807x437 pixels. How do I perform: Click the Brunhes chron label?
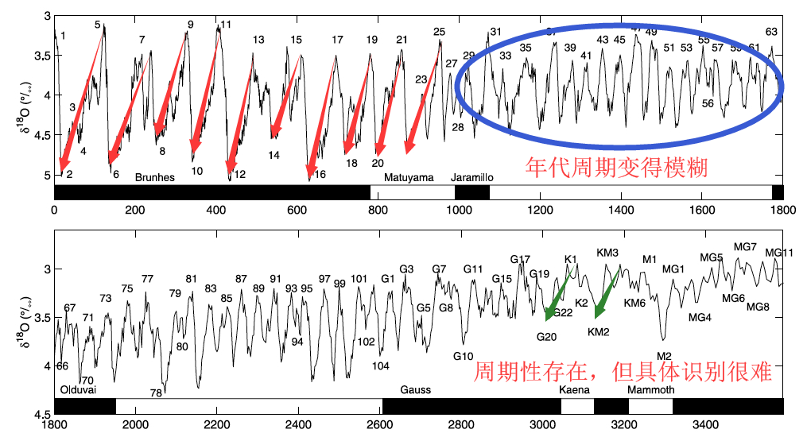point(154,177)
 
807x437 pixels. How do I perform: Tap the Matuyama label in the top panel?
point(409,177)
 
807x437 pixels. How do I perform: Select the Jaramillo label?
point(472,177)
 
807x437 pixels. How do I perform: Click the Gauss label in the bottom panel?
point(415,390)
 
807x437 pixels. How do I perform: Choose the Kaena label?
point(574,390)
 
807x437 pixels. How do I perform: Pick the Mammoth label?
point(651,390)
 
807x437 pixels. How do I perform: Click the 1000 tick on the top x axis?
point(458,211)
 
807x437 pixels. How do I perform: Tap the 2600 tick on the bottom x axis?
point(380,425)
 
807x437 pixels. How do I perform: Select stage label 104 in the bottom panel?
point(381,365)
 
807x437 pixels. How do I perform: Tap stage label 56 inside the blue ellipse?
point(708,104)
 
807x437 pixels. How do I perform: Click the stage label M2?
point(665,355)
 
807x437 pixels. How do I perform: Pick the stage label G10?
point(464,355)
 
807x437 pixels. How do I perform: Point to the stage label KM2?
point(598,331)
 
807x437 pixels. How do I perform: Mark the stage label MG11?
point(779,253)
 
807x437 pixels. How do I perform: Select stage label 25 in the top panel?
point(440,32)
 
